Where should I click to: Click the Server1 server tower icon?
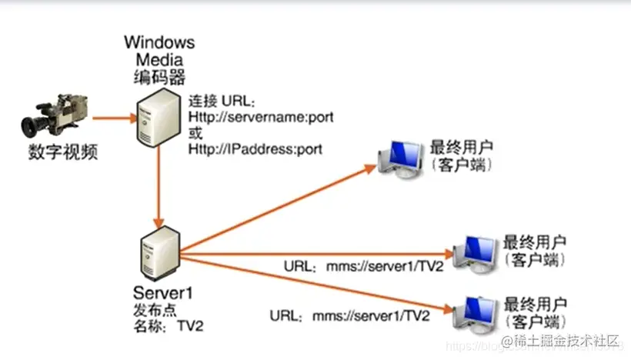pos(159,252)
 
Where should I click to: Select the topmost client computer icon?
pos(399,159)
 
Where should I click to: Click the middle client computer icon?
pos(473,252)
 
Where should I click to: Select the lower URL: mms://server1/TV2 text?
pos(349,315)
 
